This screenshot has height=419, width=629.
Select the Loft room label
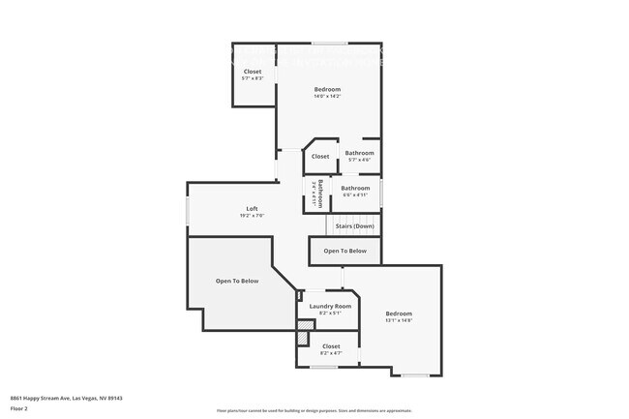[252, 209]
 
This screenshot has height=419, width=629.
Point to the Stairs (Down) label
[354, 226]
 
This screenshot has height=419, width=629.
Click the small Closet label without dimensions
[320, 156]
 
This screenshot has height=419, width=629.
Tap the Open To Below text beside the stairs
[344, 251]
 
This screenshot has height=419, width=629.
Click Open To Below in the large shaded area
[237, 281]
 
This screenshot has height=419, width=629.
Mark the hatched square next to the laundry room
[304, 339]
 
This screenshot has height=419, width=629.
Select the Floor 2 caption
[19, 408]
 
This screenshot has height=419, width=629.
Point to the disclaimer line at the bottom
[314, 411]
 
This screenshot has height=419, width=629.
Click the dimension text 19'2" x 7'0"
[252, 216]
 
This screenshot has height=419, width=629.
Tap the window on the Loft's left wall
[188, 211]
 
